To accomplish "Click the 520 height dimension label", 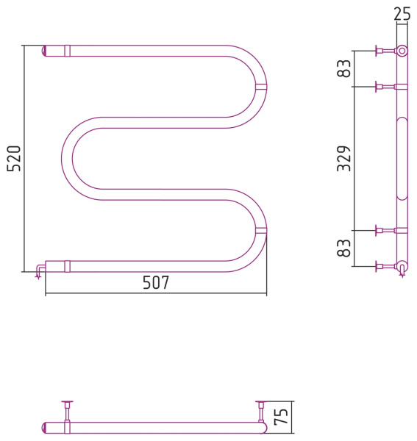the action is (14, 159).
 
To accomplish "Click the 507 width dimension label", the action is (156, 282).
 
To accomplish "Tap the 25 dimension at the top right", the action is (402, 14).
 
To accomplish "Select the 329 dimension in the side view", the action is (344, 159).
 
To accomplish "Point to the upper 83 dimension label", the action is (344, 68).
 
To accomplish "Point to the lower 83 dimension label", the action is (344, 248).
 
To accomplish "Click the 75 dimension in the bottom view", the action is (282, 417).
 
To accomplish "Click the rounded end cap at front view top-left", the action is (44, 51).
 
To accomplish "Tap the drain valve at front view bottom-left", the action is (40, 270).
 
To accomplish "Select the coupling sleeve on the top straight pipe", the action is (67, 51).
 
